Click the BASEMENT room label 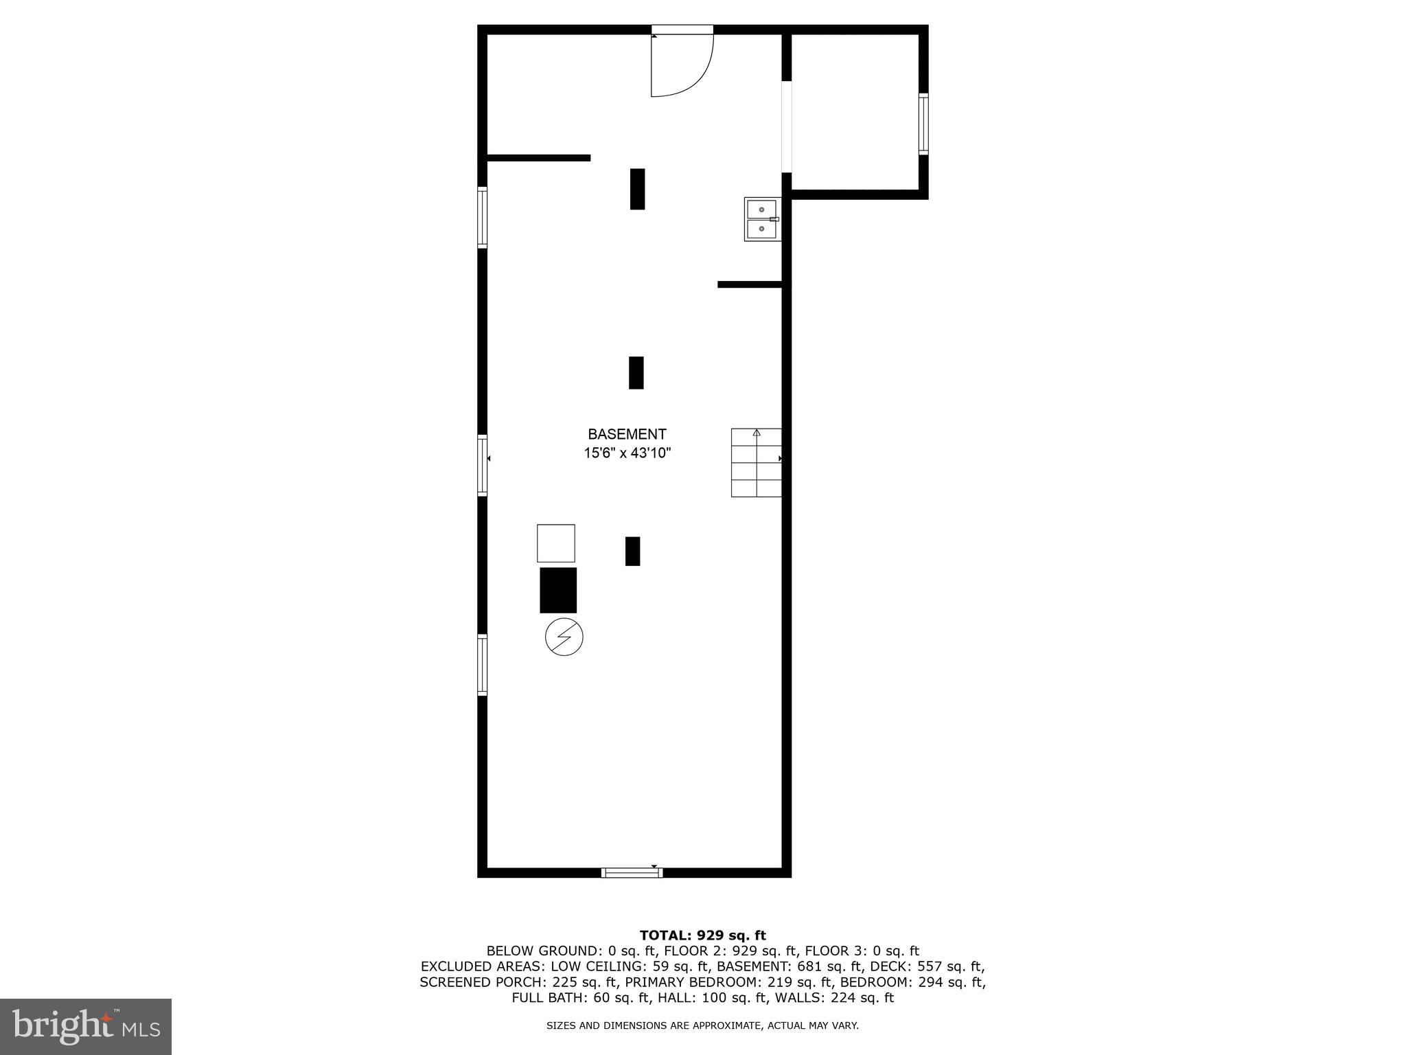pos(627,434)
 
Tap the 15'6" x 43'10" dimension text pos(627,453)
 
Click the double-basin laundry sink pos(761,219)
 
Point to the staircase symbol pos(756,462)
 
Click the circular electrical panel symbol pos(564,637)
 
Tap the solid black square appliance pos(558,590)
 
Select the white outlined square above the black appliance pos(555,543)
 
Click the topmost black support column pos(637,189)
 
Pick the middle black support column pos(636,372)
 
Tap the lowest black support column pos(632,551)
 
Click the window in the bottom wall pos(632,873)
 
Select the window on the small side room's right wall pos(923,124)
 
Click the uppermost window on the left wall pos(483,217)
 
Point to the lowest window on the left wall pos(483,665)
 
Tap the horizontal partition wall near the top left pos(538,158)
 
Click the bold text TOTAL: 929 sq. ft pos(702,935)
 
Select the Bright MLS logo pos(86,1026)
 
